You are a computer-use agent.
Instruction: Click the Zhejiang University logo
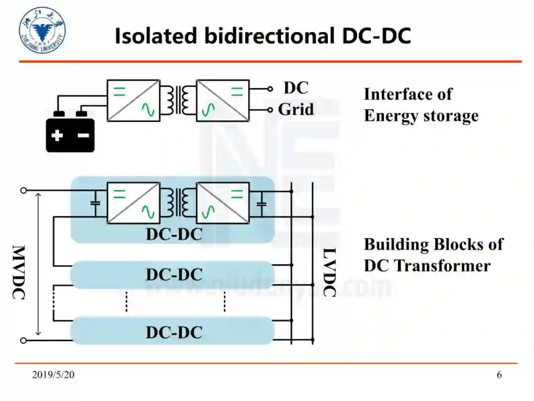pos(42,30)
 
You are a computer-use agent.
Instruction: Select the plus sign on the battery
pos(57,135)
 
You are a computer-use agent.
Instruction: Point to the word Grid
pos(296,109)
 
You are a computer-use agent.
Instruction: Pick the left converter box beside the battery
pos(133,100)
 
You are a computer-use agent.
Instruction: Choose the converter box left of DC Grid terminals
pos(222,100)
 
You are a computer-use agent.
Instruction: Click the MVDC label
pos(18,272)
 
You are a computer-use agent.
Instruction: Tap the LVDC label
pos(329,272)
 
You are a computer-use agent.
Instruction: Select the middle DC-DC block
pos(173,275)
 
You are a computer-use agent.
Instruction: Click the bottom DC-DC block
pos(173,332)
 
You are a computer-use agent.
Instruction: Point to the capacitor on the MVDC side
pos(96,203)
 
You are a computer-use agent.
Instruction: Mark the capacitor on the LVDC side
pos(262,203)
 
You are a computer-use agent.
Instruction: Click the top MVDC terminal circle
pos(23,190)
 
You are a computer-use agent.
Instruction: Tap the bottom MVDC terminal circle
pos(23,340)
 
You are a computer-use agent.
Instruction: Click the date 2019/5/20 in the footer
pos(53,375)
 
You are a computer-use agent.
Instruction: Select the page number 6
pos(499,375)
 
